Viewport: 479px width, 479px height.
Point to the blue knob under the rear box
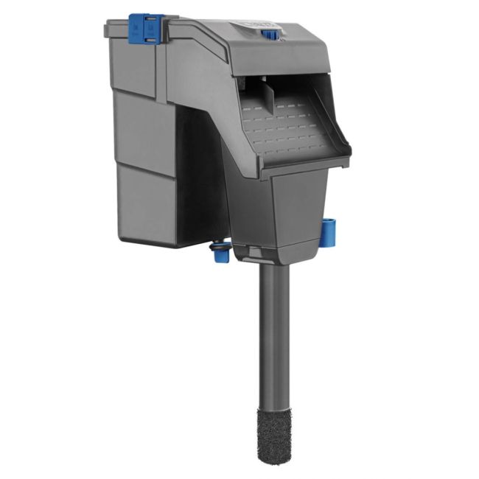[220, 254]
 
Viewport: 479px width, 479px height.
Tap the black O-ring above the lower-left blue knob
[218, 245]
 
